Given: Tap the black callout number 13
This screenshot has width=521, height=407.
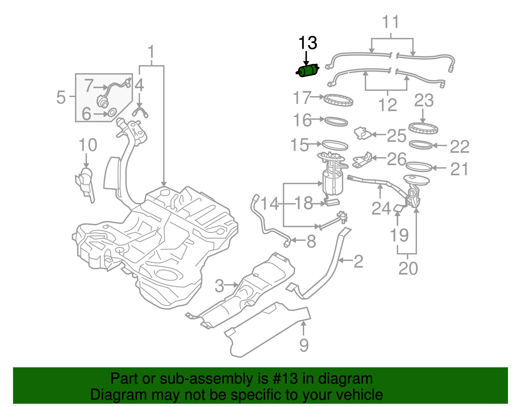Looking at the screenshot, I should click(307, 43).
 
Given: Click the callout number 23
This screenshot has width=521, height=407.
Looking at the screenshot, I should click(424, 100).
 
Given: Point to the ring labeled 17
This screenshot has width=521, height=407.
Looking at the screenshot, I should click(339, 100).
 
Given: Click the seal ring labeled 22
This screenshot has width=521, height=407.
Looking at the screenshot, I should click(420, 145).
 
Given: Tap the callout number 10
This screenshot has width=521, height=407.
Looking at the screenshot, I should click(88, 145).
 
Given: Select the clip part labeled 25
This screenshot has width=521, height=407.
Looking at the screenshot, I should click(362, 133).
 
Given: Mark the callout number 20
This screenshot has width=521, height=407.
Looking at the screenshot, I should click(408, 269).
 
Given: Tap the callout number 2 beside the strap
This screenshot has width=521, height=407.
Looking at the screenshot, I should click(358, 261).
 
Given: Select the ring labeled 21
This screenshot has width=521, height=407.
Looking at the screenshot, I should click(419, 167).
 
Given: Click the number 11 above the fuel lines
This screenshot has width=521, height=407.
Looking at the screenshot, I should click(390, 22).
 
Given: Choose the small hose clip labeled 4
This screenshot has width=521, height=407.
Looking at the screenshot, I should click(140, 111).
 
